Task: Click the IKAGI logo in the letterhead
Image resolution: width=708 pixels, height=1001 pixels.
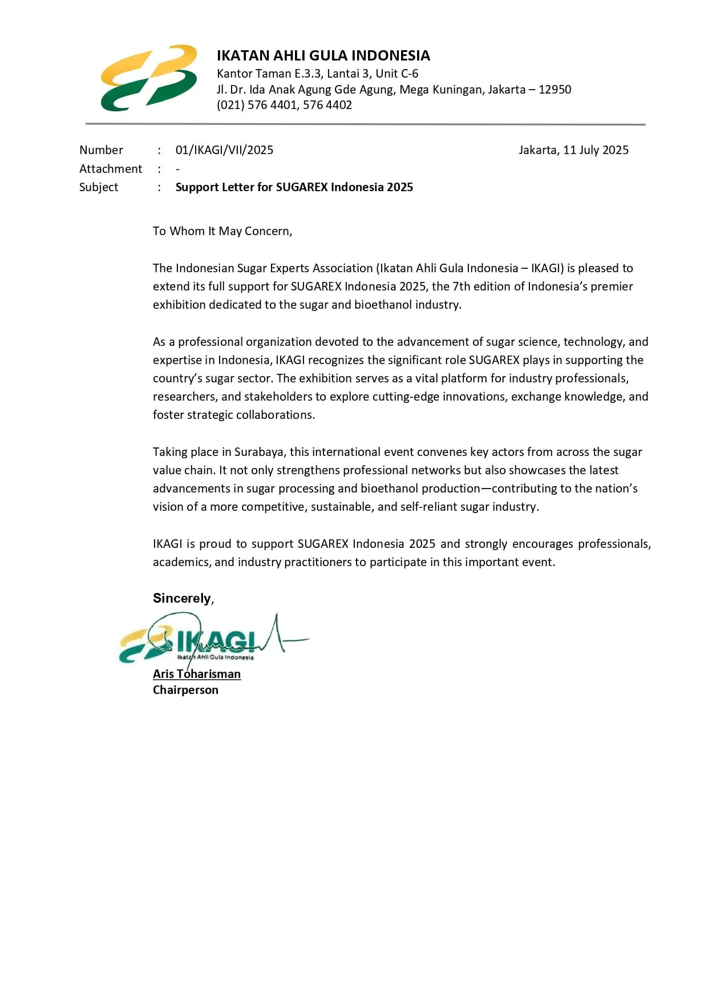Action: (x=148, y=78)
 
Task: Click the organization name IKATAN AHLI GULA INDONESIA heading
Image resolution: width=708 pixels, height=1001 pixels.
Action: (x=323, y=55)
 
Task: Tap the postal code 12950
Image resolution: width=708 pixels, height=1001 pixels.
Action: (x=555, y=90)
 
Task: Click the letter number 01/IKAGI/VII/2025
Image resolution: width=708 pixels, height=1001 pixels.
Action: (x=224, y=150)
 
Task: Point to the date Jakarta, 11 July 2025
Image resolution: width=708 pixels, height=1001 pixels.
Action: (x=573, y=150)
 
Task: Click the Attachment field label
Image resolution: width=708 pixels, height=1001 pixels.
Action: (x=111, y=169)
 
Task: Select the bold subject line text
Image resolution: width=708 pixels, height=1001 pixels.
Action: (x=294, y=187)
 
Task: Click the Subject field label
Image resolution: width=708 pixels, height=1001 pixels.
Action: (x=99, y=187)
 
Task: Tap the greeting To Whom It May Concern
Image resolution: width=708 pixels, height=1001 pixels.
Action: (x=222, y=231)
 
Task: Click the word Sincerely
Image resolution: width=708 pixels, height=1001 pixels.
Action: (x=182, y=598)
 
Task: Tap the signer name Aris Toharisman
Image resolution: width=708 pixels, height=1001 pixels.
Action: (x=196, y=674)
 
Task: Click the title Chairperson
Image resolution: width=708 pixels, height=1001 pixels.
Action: (x=185, y=690)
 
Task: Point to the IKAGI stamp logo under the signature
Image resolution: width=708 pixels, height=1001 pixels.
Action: (x=188, y=644)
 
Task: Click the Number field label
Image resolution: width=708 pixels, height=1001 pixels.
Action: (x=101, y=150)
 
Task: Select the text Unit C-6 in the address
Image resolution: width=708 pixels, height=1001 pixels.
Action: (x=397, y=74)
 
